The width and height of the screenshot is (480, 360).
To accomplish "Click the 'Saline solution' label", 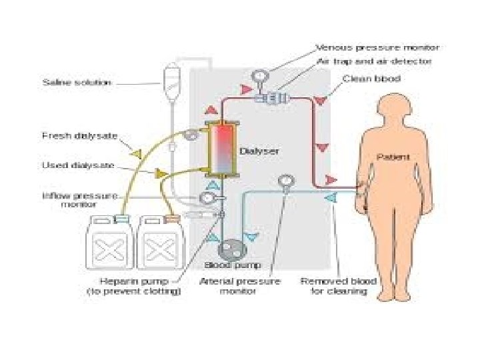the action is [76, 83].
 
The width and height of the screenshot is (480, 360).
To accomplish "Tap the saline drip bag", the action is [170, 73].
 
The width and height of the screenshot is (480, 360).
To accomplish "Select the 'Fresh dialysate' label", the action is [79, 136].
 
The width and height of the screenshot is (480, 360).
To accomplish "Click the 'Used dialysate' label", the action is [79, 165].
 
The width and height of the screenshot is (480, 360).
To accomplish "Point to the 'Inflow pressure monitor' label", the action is [79, 200].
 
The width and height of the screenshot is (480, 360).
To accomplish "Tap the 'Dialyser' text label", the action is [259, 151].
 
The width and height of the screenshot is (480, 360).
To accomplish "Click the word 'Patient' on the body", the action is [393, 157].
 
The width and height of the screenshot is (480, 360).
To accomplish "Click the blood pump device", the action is [233, 249].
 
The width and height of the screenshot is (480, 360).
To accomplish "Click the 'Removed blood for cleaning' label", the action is [338, 286].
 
